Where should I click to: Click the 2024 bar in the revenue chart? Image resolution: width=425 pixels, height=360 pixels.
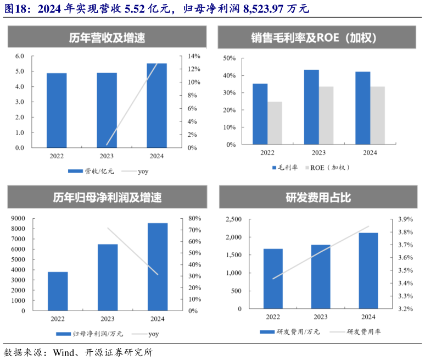156,106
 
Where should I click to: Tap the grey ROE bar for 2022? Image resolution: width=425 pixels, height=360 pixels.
275,123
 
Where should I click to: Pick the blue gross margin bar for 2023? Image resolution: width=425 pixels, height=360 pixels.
311,107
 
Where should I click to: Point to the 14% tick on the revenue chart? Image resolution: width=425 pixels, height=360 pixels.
194,56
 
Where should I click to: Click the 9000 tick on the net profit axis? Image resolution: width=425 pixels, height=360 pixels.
18,219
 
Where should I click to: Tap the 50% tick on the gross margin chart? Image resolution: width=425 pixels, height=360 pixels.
230,58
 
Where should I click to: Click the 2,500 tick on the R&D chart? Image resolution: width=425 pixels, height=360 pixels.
234,219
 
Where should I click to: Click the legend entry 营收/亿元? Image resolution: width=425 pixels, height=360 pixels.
92,171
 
